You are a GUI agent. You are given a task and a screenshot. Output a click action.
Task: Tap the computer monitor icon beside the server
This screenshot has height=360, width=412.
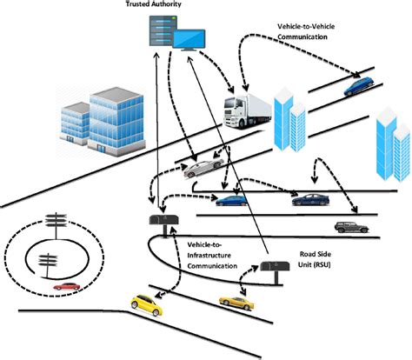[189, 38]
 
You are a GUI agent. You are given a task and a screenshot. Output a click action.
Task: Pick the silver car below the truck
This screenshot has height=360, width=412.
[205, 166]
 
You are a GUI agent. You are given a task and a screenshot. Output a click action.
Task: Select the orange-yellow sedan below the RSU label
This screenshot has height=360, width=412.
[236, 302]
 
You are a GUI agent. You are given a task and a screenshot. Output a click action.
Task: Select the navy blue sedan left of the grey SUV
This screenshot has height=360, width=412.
[309, 199]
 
